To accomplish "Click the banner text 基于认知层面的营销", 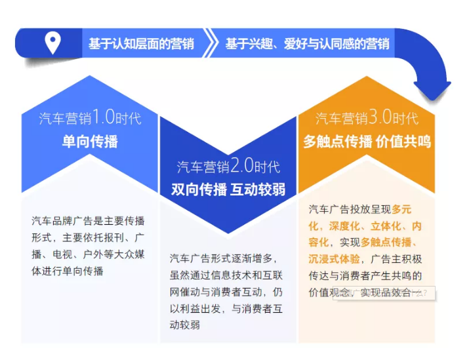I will point(141,44).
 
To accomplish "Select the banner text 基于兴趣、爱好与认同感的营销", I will point(307,44).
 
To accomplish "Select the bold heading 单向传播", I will point(90,141).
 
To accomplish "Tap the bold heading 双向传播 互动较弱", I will point(228,190).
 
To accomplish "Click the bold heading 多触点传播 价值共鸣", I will point(367,141).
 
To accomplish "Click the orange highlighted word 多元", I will point(401,210).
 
